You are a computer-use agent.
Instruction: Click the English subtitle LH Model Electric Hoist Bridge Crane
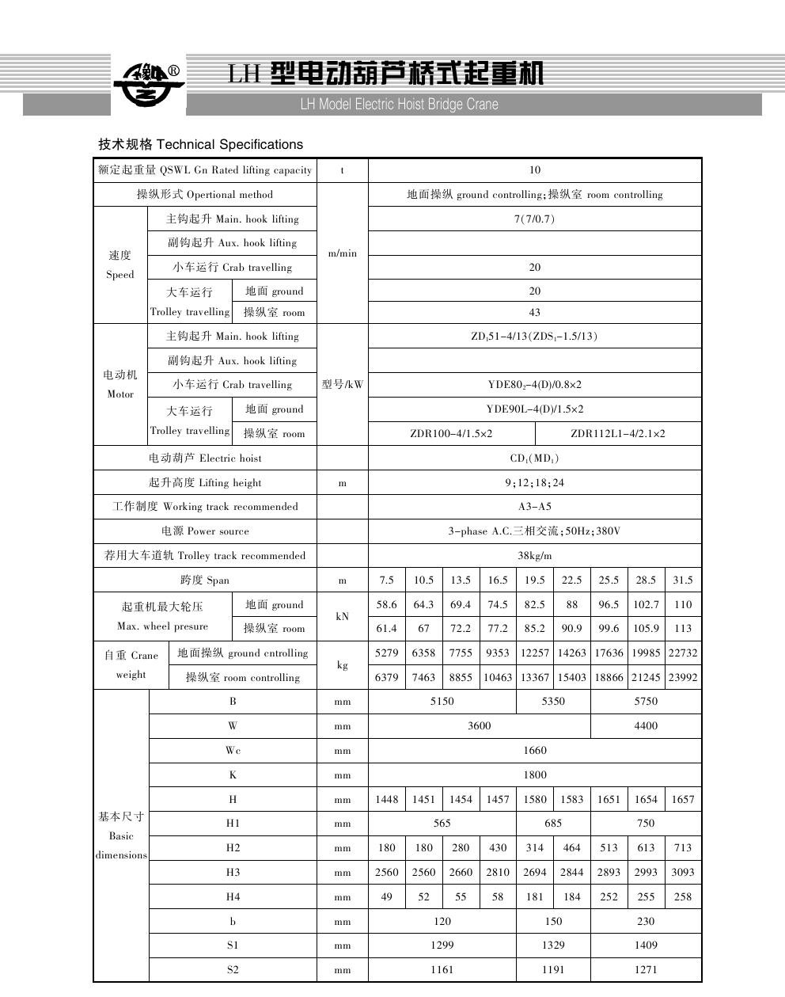pyautogui.click(x=399, y=105)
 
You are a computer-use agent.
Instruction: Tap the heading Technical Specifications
pyautogui.click(x=200, y=144)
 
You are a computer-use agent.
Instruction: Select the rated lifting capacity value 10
pyautogui.click(x=535, y=170)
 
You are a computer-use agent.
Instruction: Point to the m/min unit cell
pyautogui.click(x=342, y=253)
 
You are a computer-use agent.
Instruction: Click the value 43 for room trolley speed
pyautogui.click(x=535, y=313)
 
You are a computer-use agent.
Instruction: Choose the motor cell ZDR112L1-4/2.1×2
pyautogui.click(x=618, y=434)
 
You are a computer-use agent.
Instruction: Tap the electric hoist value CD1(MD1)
pyautogui.click(x=535, y=459)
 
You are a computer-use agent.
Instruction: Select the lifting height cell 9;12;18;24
pyautogui.click(x=535, y=483)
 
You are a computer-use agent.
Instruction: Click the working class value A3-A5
pyautogui.click(x=535, y=507)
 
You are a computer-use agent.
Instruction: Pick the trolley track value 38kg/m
pyautogui.click(x=535, y=556)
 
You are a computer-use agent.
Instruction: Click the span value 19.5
pyautogui.click(x=535, y=580)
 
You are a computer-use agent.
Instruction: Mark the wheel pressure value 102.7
pyautogui.click(x=646, y=605)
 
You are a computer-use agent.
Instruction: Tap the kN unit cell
pyautogui.click(x=342, y=616)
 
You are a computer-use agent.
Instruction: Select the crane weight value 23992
pyautogui.click(x=683, y=678)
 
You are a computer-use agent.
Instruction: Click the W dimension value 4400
pyautogui.click(x=646, y=726)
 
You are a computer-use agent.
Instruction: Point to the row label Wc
pyautogui.click(x=233, y=751)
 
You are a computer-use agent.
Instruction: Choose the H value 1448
pyautogui.click(x=386, y=800)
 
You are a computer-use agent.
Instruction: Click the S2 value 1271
pyautogui.click(x=646, y=970)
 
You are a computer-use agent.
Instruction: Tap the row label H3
pyautogui.click(x=233, y=873)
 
